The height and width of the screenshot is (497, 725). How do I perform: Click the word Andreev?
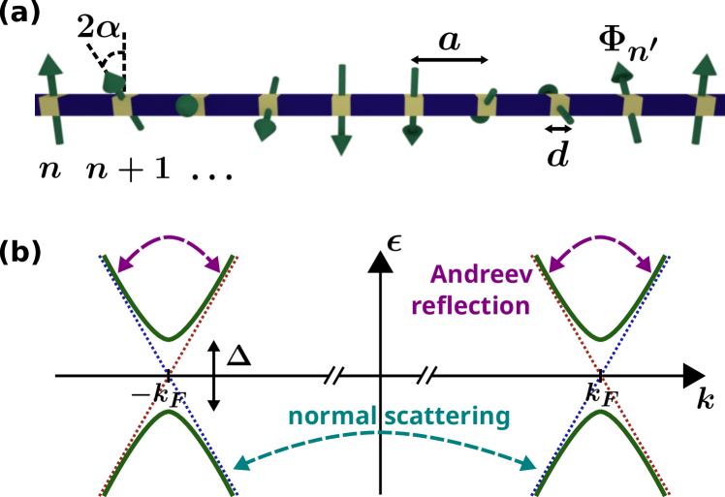(x=481, y=275)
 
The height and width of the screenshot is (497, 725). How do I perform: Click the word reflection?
(x=470, y=306)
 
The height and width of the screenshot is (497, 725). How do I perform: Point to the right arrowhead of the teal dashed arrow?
(x=529, y=464)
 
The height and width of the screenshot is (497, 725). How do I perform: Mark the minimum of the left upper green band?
(x=170, y=339)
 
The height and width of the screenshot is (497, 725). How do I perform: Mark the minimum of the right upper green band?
(x=600, y=339)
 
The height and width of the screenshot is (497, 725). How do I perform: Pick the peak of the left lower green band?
(x=170, y=412)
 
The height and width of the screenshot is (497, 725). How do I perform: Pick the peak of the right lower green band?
(x=600, y=412)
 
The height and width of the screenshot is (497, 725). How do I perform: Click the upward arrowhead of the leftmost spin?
(x=50, y=66)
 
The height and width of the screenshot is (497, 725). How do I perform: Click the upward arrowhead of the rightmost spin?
(x=705, y=67)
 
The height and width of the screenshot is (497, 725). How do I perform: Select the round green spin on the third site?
(x=186, y=107)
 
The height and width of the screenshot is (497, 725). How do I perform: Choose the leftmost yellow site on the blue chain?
(x=48, y=104)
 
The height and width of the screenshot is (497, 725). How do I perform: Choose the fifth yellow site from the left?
(x=341, y=105)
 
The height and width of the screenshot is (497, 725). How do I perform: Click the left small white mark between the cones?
(x=333, y=376)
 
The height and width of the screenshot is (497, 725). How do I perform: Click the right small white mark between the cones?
(x=426, y=376)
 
